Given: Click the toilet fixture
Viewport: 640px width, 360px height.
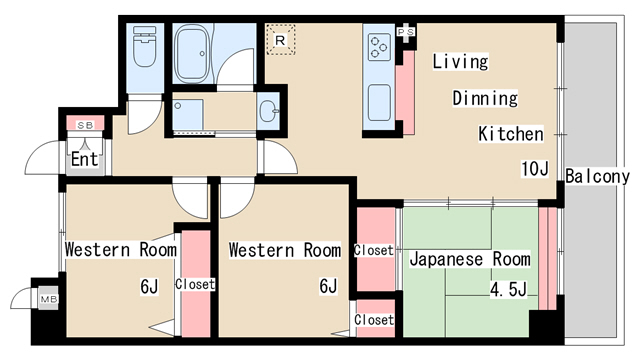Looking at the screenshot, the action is tap(144, 47).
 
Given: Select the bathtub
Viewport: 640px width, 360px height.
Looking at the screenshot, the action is tap(192, 53).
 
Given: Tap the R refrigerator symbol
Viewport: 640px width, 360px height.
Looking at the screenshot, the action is tap(280, 40).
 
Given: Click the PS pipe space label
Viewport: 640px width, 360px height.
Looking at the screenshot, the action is tap(406, 32).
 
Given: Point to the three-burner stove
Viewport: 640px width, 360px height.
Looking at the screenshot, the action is tap(378, 47).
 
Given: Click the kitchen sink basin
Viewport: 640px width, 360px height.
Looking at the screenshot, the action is tap(379, 102).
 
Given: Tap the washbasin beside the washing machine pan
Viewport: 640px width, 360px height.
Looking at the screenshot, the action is tap(269, 111).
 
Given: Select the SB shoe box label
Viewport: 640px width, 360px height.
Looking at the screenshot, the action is tap(85, 125).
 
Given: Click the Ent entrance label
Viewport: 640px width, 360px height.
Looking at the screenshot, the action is tap(84, 159).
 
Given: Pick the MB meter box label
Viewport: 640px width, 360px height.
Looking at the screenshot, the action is tap(49, 300).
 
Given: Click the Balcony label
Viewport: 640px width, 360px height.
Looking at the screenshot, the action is tap(598, 176).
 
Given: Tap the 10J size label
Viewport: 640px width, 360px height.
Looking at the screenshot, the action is tap(534, 169).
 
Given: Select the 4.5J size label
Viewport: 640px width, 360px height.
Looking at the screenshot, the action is tap(508, 289).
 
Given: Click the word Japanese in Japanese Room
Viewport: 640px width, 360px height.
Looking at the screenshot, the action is tap(447, 260).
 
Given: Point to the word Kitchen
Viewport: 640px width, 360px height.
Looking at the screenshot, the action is tap(511, 134).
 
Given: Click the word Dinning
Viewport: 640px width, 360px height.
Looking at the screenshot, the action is tap(485, 98).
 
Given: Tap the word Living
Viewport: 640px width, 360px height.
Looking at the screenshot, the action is tap(460, 62).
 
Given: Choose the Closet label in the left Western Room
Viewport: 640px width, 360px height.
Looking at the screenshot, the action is tap(195, 284).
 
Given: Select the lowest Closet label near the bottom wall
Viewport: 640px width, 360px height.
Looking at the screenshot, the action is tap(374, 320).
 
